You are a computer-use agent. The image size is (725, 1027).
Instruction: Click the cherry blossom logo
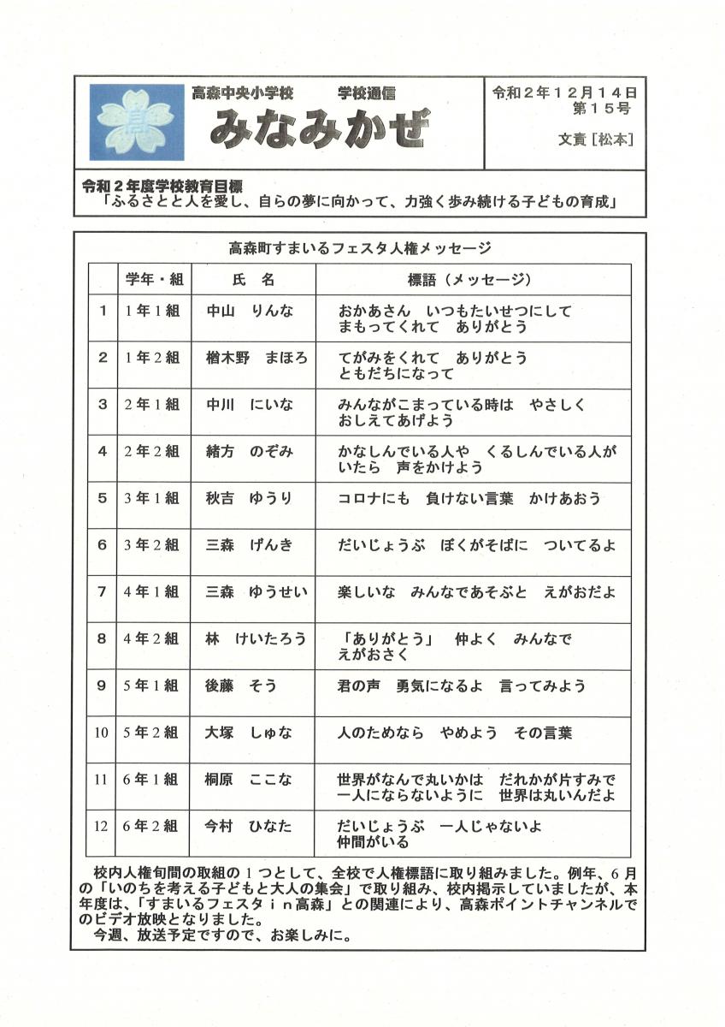pos(137,122)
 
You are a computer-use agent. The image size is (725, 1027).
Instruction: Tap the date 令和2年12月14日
pos(563,92)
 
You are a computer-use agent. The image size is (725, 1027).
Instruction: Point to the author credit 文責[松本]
pos(595,139)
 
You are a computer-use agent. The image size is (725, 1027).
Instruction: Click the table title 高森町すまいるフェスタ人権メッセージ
pos(360,249)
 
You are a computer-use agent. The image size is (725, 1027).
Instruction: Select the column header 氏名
pos(253,280)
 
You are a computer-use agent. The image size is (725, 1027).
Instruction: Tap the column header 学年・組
pos(154,280)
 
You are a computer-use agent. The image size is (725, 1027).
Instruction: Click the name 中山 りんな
pos(250,312)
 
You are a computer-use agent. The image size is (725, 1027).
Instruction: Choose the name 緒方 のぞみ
pos(250,452)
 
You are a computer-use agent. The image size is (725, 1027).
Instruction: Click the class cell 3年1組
pos(152,498)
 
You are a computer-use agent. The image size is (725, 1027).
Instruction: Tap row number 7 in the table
pos(103,591)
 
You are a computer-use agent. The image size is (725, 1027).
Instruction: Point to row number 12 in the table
pos(103,826)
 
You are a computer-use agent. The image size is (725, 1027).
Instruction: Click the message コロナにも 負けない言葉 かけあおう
pos(469,498)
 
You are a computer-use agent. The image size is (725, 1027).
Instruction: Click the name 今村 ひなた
pos(248,826)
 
